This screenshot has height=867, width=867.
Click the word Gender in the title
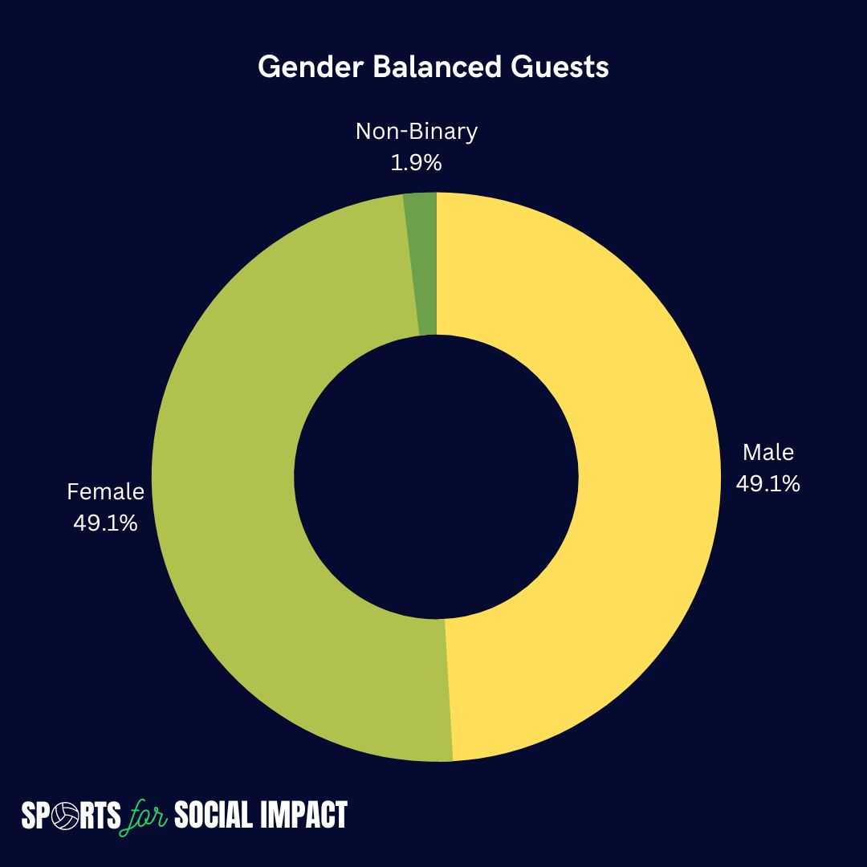tap(310, 67)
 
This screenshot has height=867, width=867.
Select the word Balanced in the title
tap(437, 67)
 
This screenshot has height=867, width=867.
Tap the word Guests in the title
tap(560, 67)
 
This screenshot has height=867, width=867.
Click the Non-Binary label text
tap(417, 132)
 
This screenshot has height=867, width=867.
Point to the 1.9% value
tap(417, 162)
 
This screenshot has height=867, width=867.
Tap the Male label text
tap(768, 452)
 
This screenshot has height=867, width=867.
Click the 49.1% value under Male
tap(768, 484)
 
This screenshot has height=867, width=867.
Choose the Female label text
tap(106, 491)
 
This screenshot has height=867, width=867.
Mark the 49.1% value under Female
tap(106, 523)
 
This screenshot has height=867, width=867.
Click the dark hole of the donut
tap(436, 477)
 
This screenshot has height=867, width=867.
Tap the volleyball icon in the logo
tap(64, 816)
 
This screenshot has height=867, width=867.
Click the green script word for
tap(144, 816)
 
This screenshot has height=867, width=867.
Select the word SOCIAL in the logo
tap(213, 815)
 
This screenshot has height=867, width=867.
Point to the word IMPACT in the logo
tap(303, 815)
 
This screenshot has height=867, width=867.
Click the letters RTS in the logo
tap(100, 816)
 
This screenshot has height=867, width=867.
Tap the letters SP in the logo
tap(36, 816)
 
